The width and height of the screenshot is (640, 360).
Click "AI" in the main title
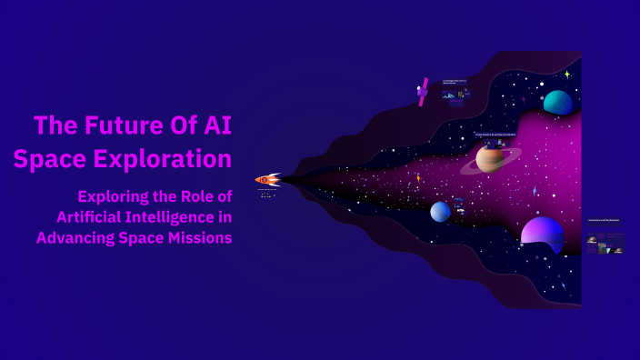(215, 125)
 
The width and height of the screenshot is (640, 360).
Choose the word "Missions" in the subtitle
(200, 237)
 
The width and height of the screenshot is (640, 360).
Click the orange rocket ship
(267, 180)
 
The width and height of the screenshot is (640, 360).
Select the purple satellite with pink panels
(423, 91)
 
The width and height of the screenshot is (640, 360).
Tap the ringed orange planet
(490, 159)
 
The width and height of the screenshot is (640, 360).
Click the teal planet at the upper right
(557, 102)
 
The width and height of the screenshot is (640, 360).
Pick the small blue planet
(440, 211)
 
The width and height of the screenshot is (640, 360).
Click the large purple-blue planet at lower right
(542, 232)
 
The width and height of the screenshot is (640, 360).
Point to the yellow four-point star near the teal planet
(567, 75)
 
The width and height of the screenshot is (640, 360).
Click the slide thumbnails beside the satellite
(455, 93)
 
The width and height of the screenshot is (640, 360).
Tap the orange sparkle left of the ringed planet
(418, 178)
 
